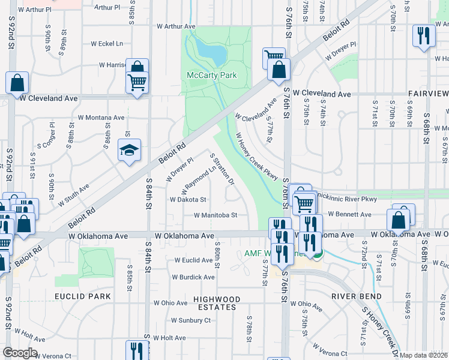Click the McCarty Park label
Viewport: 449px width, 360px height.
click(x=211, y=75)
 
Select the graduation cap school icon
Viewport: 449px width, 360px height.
click(x=129, y=151)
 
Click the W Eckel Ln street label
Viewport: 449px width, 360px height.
click(x=107, y=44)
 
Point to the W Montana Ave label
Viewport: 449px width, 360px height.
click(x=101, y=118)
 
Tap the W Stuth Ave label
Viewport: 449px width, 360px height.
click(x=74, y=195)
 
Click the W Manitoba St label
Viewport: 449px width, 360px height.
click(x=215, y=215)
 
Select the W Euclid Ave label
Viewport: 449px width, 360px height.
click(x=194, y=260)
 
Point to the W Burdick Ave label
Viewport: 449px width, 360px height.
click(x=193, y=277)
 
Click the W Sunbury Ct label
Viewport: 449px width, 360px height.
click(x=191, y=320)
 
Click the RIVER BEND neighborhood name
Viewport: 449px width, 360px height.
click(x=357, y=296)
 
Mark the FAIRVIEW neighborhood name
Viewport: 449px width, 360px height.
click(x=428, y=94)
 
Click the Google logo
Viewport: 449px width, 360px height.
click(x=20, y=353)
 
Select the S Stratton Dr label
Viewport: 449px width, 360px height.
click(x=221, y=169)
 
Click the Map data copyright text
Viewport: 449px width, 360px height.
click(x=423, y=355)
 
